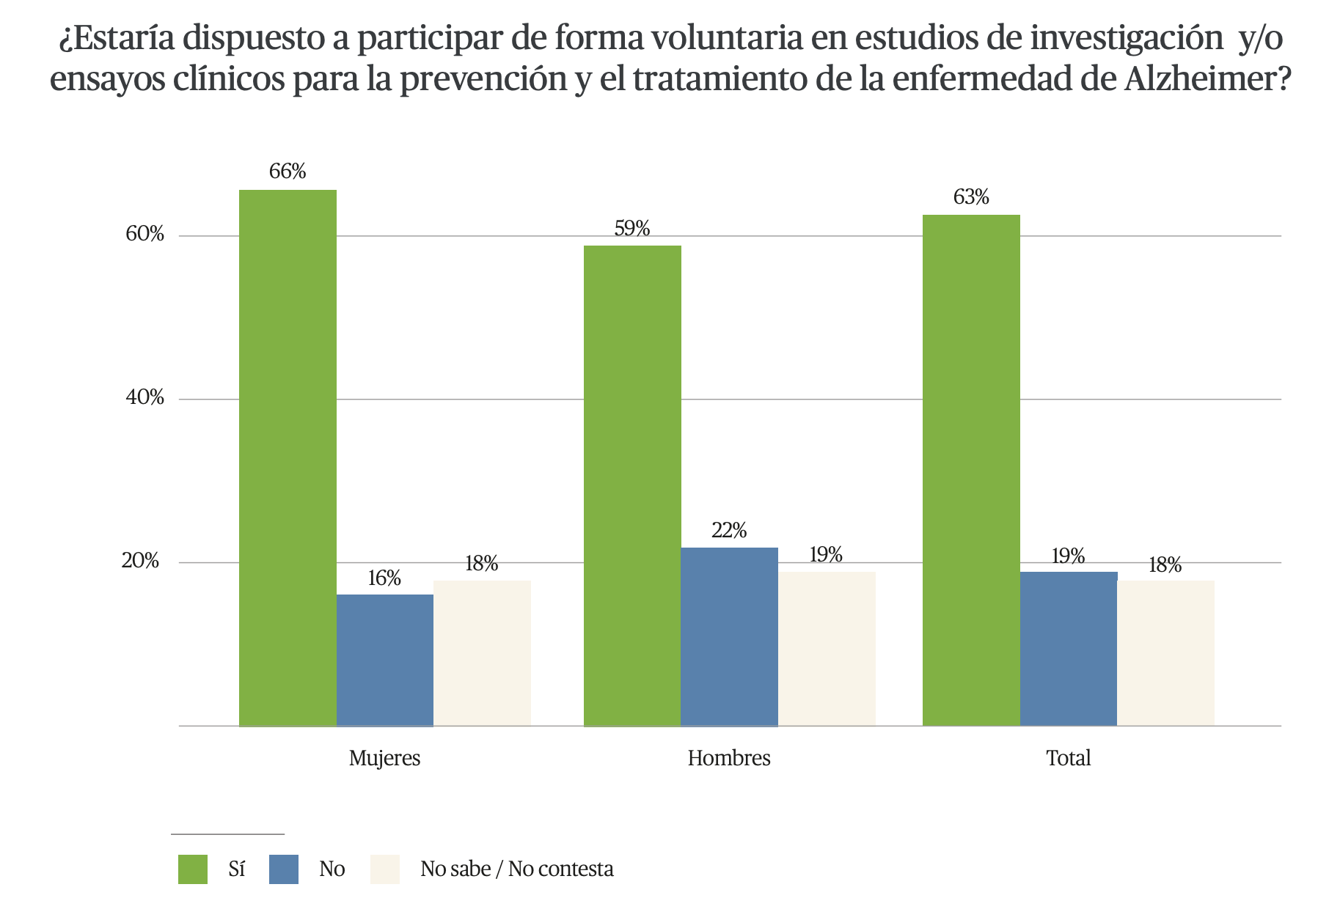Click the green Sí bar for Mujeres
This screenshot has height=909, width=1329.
(288, 457)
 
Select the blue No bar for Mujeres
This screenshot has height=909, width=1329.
(384, 660)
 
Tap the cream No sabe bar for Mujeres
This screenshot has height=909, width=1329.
(482, 652)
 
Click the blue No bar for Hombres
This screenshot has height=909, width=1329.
(729, 636)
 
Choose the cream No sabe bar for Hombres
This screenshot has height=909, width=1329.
(827, 648)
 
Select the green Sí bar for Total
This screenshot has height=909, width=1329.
(971, 470)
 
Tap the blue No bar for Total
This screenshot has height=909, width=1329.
(1068, 648)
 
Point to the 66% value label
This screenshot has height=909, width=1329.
(288, 172)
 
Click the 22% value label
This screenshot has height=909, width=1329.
(729, 530)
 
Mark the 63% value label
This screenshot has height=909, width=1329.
(971, 197)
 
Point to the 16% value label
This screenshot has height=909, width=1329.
(384, 578)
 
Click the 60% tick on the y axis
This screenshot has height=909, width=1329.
(145, 235)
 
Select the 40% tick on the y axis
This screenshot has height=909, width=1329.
(145, 398)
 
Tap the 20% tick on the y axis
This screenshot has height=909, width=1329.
(141, 562)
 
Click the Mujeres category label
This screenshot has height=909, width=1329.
(384, 757)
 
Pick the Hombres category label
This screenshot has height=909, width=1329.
(729, 757)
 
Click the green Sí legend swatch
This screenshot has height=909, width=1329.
(193, 869)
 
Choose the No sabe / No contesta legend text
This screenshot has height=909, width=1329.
(516, 869)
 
